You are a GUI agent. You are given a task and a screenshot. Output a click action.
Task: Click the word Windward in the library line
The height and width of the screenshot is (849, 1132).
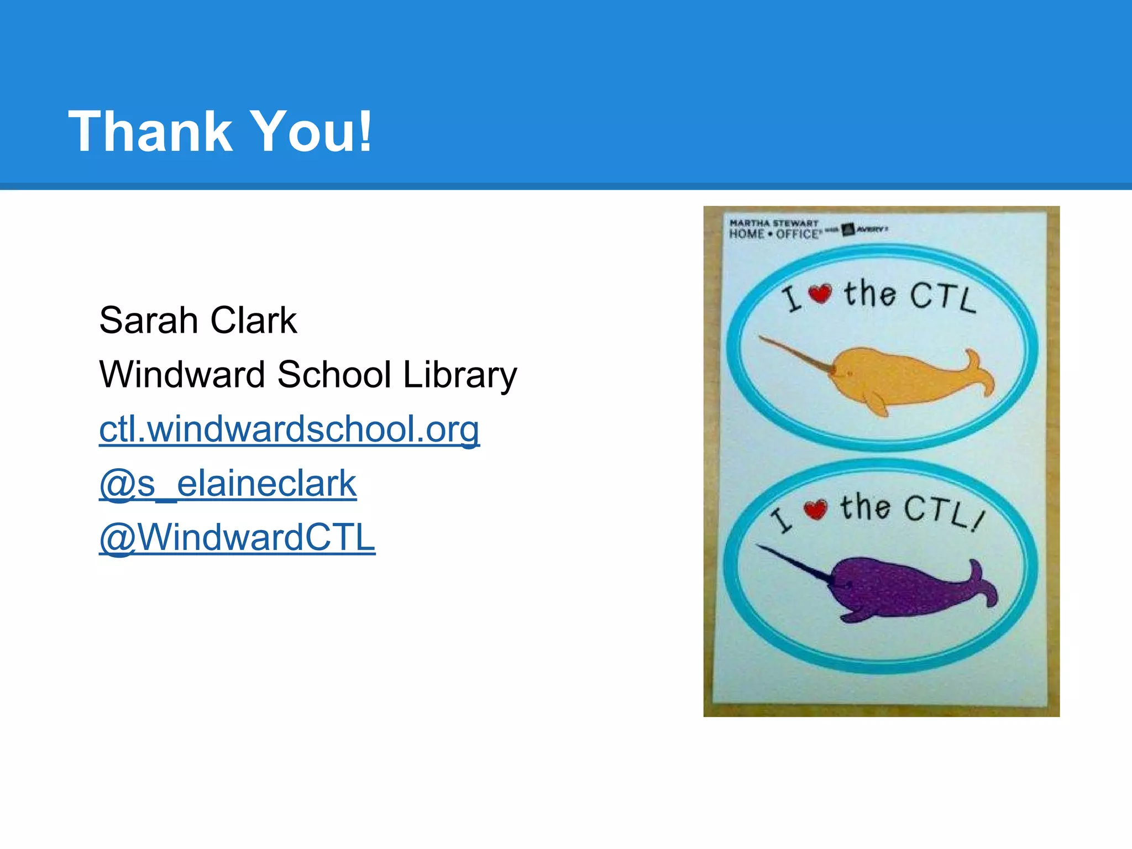[x=182, y=374]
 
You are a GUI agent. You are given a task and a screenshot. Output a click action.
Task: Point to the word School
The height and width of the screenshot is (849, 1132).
[x=334, y=374]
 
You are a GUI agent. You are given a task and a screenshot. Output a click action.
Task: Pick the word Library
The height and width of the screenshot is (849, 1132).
[x=460, y=375]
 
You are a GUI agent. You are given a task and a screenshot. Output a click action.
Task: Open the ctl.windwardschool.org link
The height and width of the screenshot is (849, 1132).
[x=289, y=429]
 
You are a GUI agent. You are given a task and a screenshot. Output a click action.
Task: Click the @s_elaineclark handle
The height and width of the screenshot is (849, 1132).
[x=228, y=484]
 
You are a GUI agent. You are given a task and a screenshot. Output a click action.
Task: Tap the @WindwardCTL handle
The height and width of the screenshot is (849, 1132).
[x=237, y=538]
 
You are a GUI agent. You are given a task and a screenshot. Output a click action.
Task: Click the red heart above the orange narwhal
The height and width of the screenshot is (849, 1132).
[x=820, y=293]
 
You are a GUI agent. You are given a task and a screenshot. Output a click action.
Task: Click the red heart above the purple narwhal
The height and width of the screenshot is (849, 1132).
[x=815, y=509]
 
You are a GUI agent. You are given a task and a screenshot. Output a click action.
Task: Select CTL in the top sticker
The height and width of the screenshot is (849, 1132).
[x=942, y=297]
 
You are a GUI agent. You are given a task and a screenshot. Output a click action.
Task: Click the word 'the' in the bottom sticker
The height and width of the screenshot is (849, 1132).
[x=866, y=507]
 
